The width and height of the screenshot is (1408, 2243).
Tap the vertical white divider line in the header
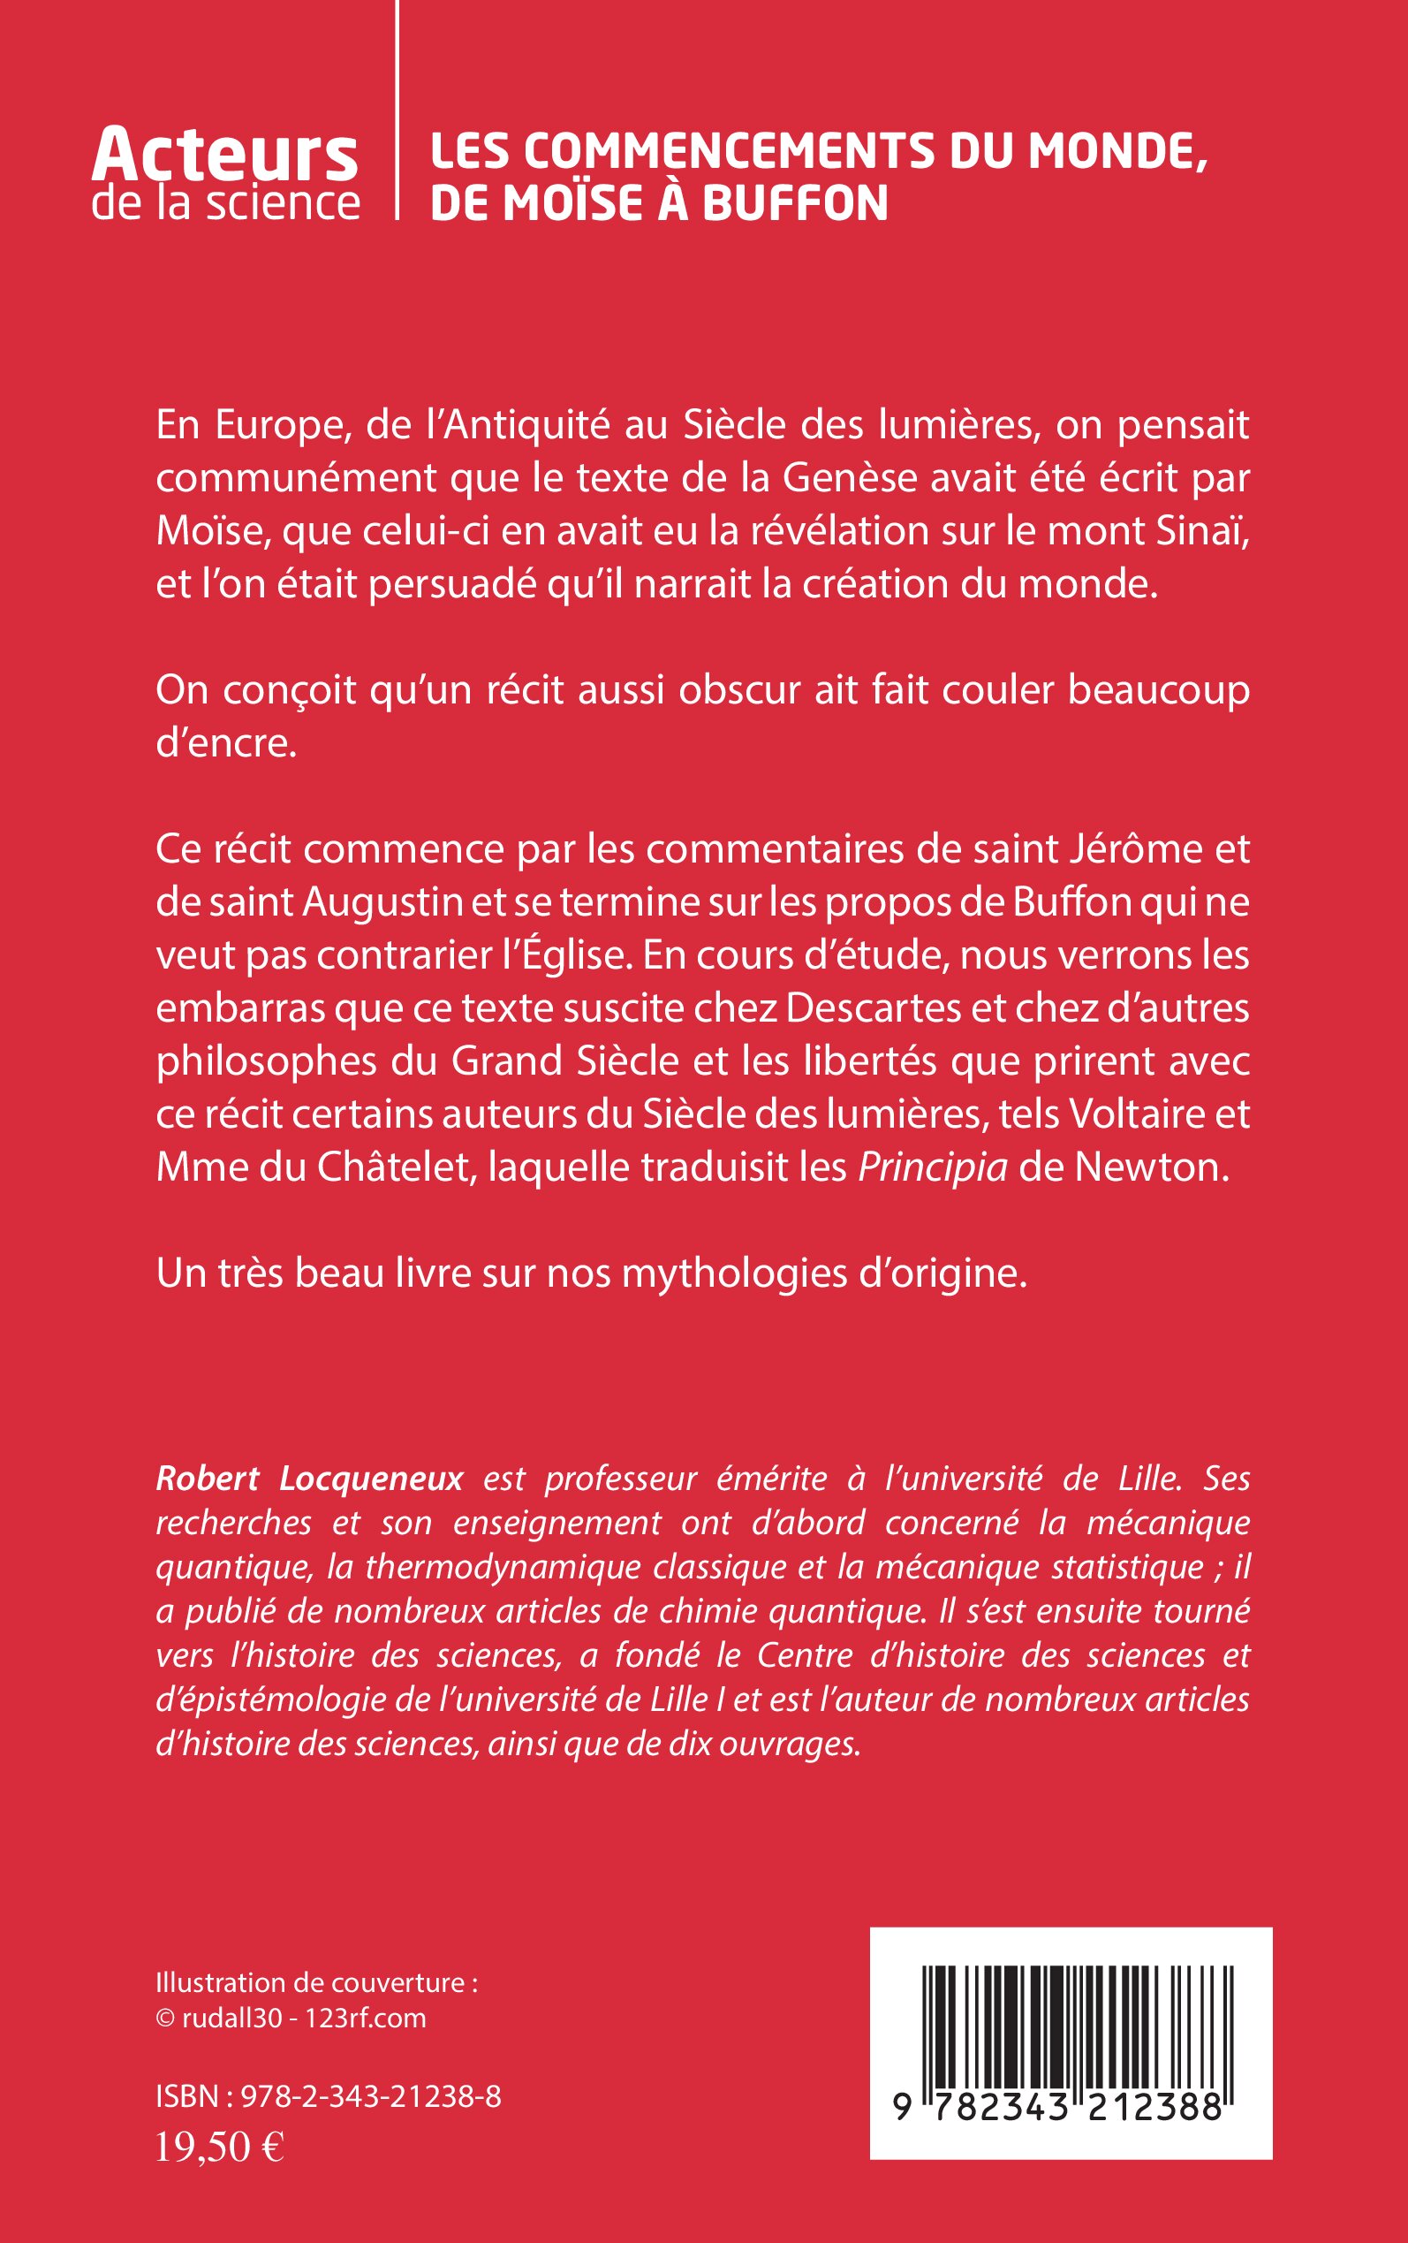pos(397,111)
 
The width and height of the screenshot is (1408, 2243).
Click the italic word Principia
pos(932,1167)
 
